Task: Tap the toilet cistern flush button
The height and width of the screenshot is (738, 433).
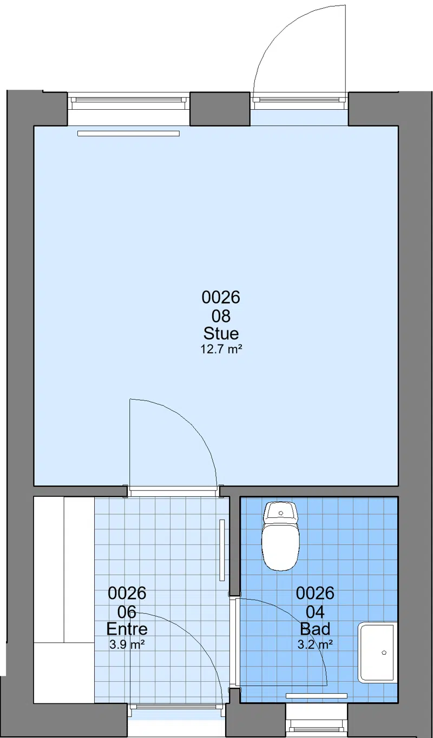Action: [x=281, y=513]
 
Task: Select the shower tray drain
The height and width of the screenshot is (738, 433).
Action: [x=384, y=653]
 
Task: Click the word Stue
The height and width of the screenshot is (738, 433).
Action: [x=221, y=333]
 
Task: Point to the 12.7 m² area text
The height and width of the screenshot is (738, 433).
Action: [x=221, y=349]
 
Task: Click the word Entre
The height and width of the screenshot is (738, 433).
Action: [x=127, y=629]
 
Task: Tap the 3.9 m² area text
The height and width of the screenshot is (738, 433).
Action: [x=127, y=644]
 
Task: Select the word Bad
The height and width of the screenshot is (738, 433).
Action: [x=315, y=629]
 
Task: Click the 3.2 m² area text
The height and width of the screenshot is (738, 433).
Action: [x=315, y=644]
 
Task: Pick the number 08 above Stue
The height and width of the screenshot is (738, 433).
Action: [x=221, y=316]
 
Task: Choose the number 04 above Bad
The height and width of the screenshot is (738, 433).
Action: [x=315, y=612]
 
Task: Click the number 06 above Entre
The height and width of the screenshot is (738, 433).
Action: [x=127, y=612]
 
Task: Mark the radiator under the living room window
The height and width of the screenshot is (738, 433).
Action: [x=129, y=134]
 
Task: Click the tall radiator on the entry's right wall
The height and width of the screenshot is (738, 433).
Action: [x=222, y=550]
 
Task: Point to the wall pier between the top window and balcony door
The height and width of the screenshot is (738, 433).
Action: [x=220, y=109]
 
